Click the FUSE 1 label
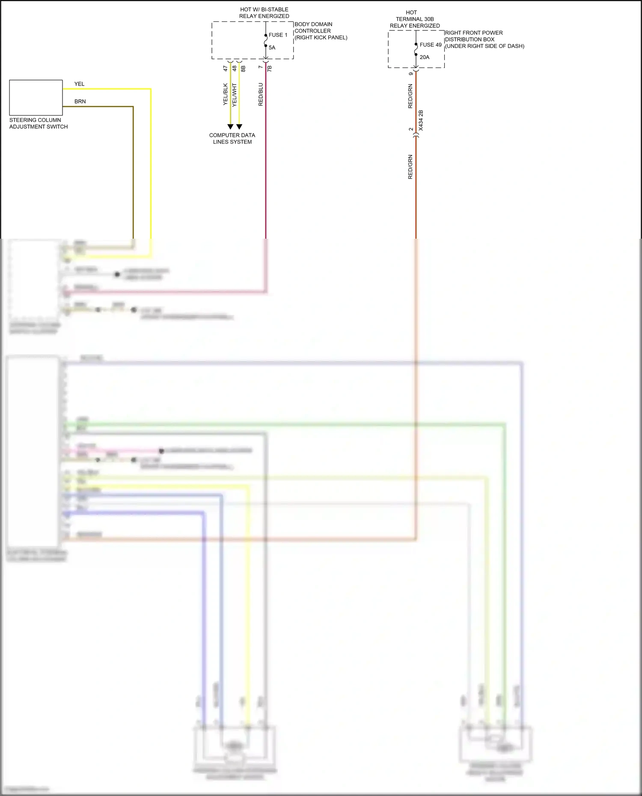pyautogui.click(x=278, y=35)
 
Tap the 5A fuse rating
pyautogui.click(x=272, y=47)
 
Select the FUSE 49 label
pyautogui.click(x=430, y=45)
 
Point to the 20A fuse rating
pyautogui.click(x=424, y=57)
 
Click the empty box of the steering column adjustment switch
pyautogui.click(x=36, y=98)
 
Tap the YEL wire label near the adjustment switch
pyautogui.click(x=79, y=84)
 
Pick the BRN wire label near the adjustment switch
pyautogui.click(x=80, y=102)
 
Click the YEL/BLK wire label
pyautogui.click(x=226, y=95)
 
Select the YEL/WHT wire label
pyautogui.click(x=235, y=95)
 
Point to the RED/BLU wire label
pyautogui.click(x=261, y=95)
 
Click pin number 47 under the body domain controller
pyautogui.click(x=226, y=68)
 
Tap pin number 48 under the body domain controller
pyautogui.click(x=235, y=68)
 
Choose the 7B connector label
pyautogui.click(x=270, y=68)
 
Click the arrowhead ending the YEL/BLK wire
pyautogui.click(x=230, y=127)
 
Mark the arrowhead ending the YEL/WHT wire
pyautogui.click(x=239, y=127)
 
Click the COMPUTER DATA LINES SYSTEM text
pyautogui.click(x=232, y=139)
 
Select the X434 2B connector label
pyautogui.click(x=421, y=120)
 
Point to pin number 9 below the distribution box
pyautogui.click(x=411, y=74)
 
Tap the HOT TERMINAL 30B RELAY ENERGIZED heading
pyautogui.click(x=414, y=19)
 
